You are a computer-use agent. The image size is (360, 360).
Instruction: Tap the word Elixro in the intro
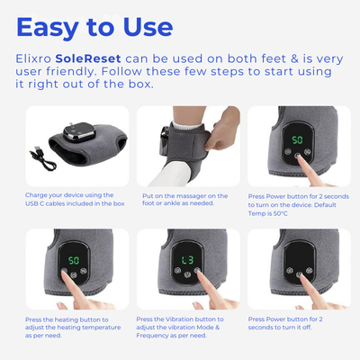[x=42, y=58]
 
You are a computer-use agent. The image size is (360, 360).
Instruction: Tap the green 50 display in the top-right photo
[x=295, y=140]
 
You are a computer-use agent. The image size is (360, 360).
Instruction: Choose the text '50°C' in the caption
[x=283, y=214]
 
